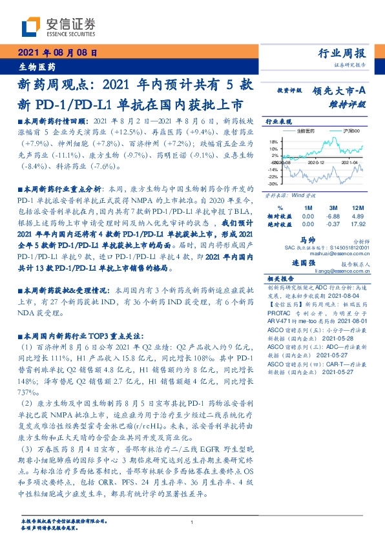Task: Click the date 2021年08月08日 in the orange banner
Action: click(56, 54)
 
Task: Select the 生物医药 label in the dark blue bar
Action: click(34, 67)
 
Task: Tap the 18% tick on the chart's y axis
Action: click(275, 141)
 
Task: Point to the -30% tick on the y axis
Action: click(274, 183)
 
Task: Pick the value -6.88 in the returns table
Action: click(333, 216)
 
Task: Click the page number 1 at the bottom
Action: click(192, 523)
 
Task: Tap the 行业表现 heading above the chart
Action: click(276, 121)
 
